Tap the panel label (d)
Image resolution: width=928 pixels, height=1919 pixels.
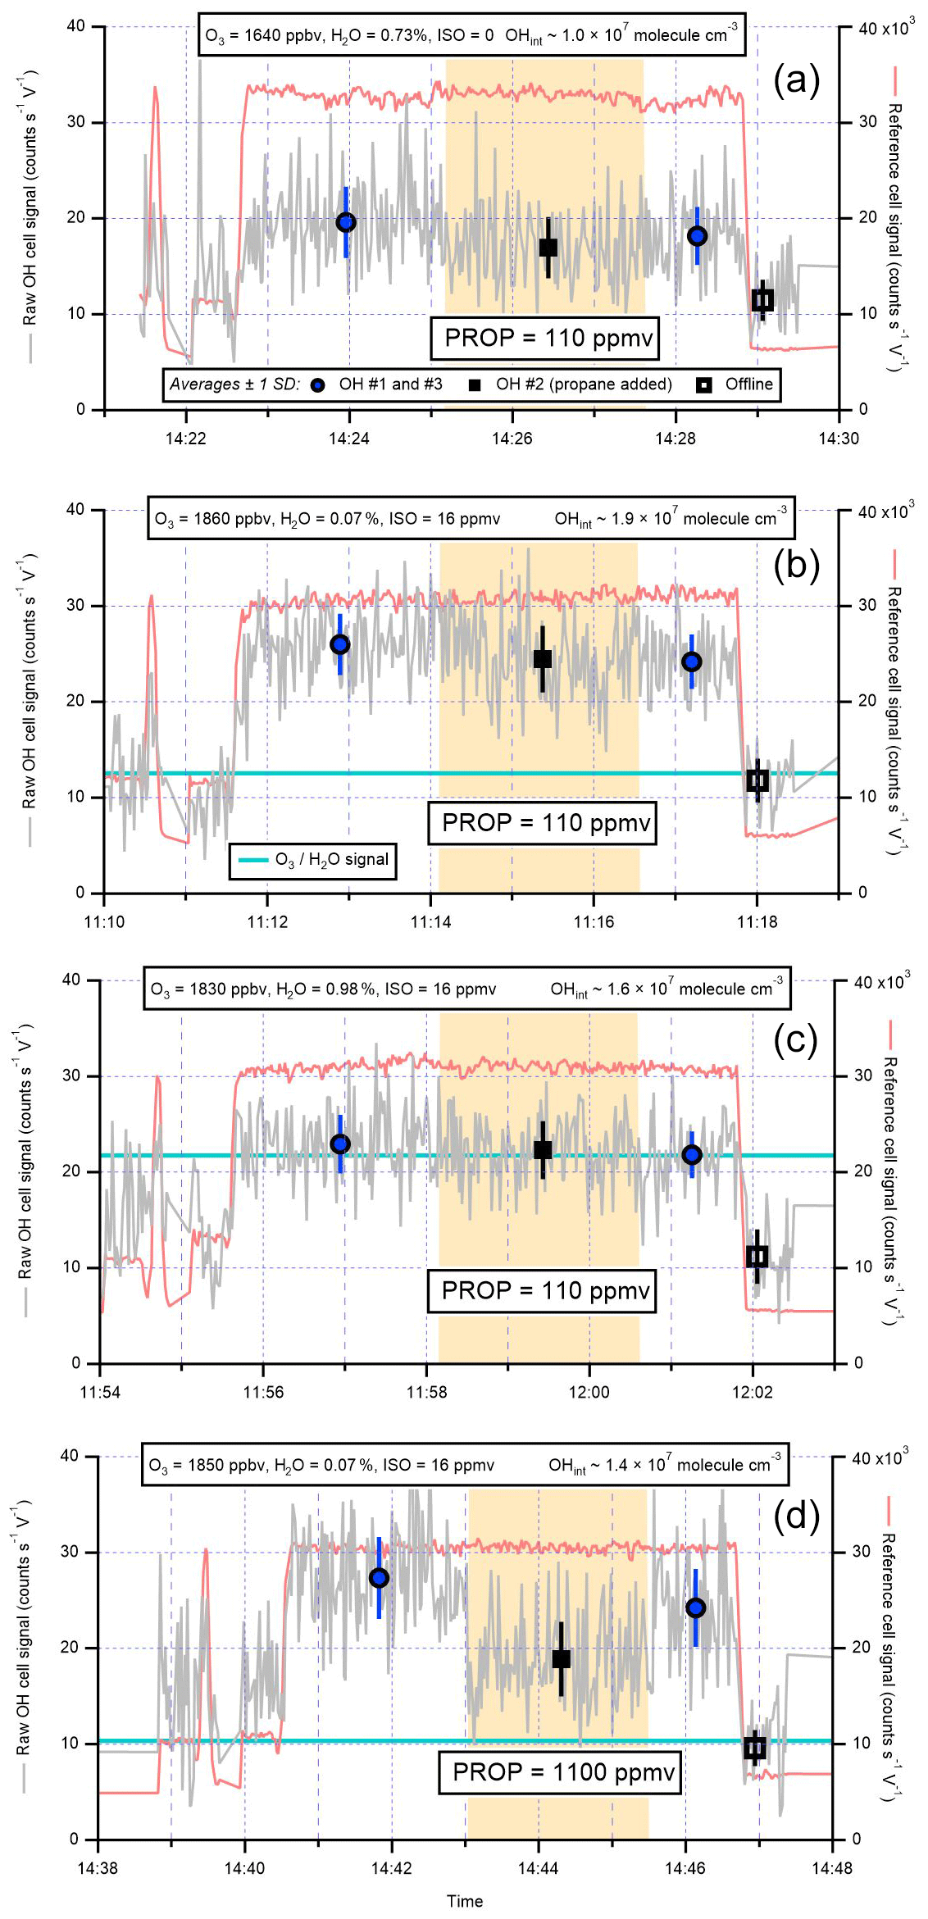pyautogui.click(x=796, y=1517)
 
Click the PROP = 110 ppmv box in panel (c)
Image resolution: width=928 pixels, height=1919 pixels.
pyautogui.click(x=543, y=1290)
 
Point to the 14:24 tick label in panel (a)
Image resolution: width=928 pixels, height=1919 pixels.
pyautogui.click(x=349, y=439)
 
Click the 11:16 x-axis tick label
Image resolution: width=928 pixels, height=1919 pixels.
pyautogui.click(x=594, y=922)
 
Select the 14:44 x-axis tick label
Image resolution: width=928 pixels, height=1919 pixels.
pyautogui.click(x=538, y=1868)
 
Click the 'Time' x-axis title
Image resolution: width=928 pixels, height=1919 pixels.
pyautogui.click(x=465, y=1901)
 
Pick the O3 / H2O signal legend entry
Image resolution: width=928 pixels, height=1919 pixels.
pyautogui.click(x=313, y=860)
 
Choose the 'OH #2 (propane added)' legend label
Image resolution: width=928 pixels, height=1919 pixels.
pyautogui.click(x=584, y=384)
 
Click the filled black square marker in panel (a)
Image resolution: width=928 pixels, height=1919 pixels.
pyautogui.click(x=548, y=247)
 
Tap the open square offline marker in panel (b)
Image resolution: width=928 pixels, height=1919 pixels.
pyautogui.click(x=757, y=780)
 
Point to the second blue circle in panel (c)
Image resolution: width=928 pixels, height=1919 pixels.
pyautogui.click(x=692, y=1154)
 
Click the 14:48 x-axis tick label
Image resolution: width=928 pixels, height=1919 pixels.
pyautogui.click(x=832, y=1868)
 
